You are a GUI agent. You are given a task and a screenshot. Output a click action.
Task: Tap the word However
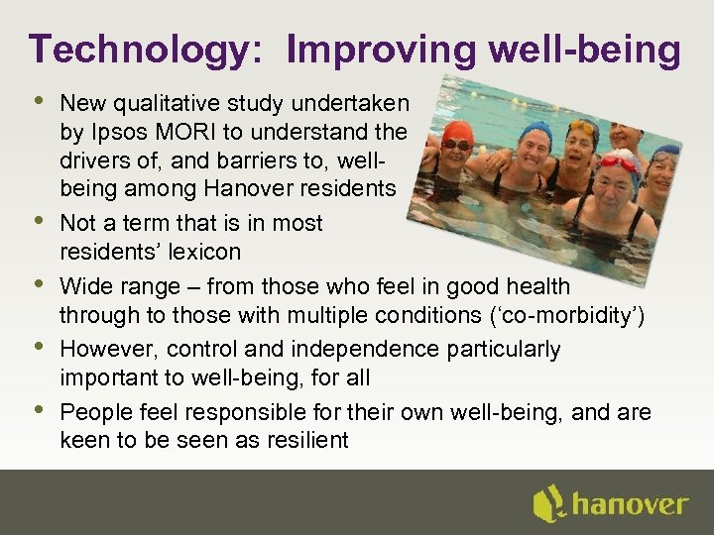[x=109, y=350]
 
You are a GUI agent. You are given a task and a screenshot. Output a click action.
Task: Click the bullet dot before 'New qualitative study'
[x=39, y=100]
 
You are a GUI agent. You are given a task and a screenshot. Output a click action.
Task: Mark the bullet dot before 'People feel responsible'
[x=39, y=408]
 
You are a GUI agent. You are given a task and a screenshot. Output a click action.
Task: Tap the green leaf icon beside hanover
[x=548, y=503]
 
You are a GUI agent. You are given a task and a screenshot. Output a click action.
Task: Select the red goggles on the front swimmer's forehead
[x=618, y=161]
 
